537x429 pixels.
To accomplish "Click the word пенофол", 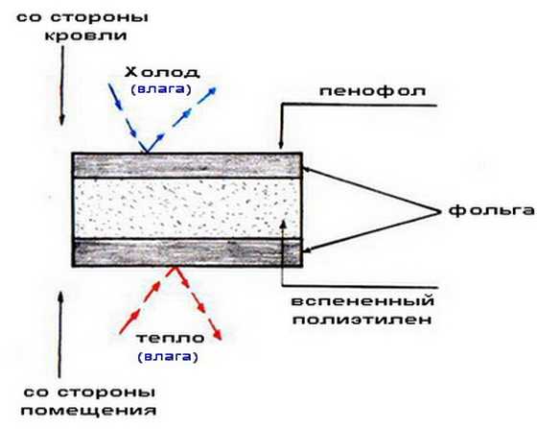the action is pos(373,92).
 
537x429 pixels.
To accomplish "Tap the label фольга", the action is pos(491,210).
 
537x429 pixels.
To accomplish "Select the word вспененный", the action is pos(362,301).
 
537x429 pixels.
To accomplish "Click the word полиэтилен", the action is pos(362,320).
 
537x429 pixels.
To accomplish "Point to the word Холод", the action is pos(161,72).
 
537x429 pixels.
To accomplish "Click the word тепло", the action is pos(171,338).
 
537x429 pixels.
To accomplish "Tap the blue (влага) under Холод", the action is pos(161,89).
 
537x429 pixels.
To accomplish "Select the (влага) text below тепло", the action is pos(168,357).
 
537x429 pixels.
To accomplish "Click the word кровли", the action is pos(86,36).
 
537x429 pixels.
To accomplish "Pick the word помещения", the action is pos(88,410).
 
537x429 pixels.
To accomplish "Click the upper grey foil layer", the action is pos(187,165).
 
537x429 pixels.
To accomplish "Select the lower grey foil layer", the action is pos(187,252).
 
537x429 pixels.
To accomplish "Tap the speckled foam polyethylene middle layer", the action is pos(187,208).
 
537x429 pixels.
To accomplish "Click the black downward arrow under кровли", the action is pos(62,85).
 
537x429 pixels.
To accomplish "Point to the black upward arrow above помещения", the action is pos(60,334).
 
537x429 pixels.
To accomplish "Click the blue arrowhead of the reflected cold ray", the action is pos(212,90).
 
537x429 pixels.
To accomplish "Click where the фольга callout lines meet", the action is pos(440,211).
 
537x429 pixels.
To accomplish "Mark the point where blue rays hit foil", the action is pos(147,153).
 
